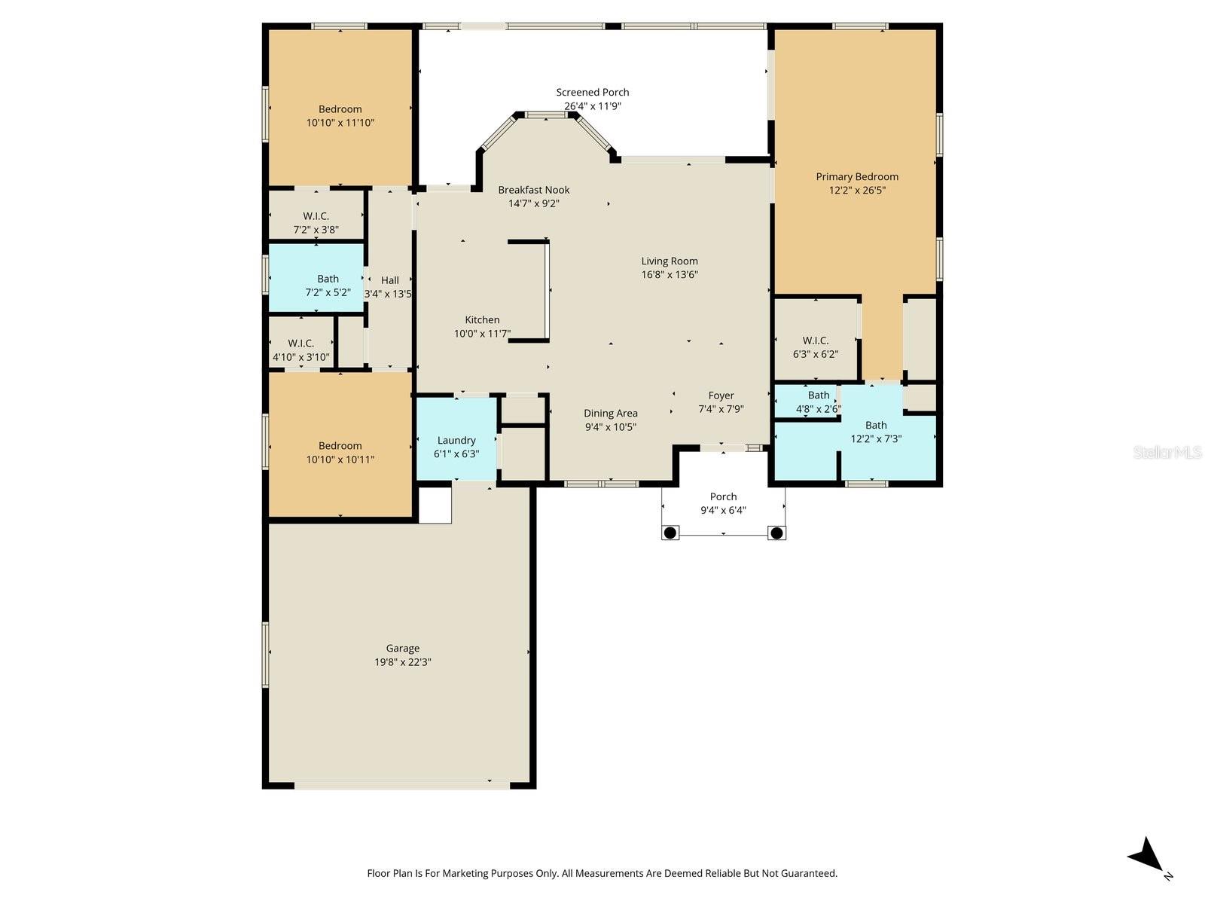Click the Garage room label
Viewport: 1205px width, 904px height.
(403, 648)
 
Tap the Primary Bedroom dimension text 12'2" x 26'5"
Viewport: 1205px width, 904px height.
(857, 191)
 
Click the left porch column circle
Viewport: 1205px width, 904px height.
(670, 533)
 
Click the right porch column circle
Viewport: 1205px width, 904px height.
(776, 533)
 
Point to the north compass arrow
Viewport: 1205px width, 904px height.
(1146, 856)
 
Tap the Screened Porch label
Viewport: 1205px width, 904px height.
(593, 93)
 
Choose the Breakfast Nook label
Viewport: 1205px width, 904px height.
(534, 190)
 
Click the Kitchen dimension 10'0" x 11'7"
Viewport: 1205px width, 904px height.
(482, 334)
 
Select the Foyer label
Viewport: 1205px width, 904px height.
(721, 395)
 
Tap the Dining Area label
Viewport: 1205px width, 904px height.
(611, 413)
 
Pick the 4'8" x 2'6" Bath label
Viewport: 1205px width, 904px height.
(819, 395)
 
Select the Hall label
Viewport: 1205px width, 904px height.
(390, 280)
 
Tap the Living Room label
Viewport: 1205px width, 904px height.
(670, 261)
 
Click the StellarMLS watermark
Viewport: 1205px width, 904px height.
(1167, 452)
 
